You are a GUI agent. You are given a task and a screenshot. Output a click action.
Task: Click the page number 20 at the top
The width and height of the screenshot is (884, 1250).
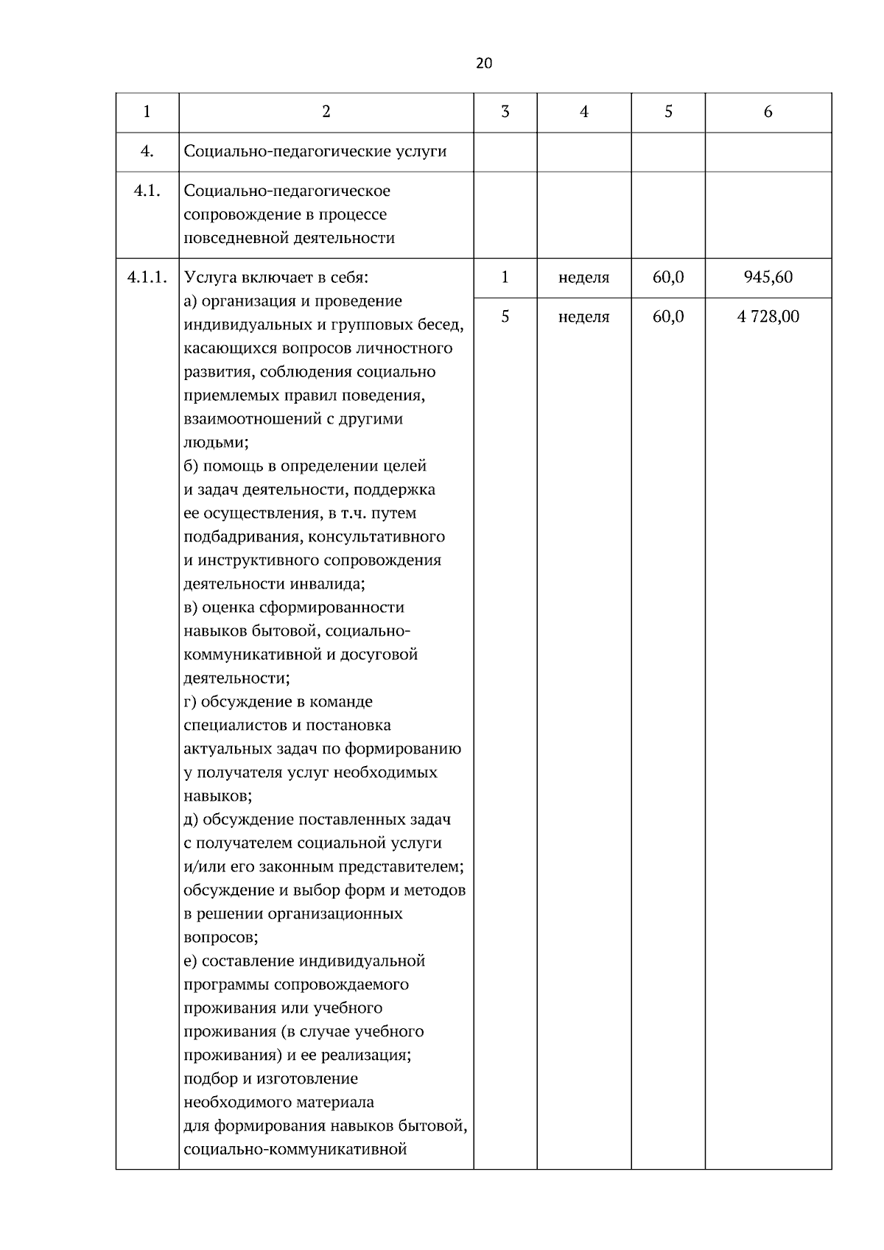[x=484, y=63]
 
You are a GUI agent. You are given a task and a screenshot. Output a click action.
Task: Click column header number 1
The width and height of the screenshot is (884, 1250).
[x=147, y=112]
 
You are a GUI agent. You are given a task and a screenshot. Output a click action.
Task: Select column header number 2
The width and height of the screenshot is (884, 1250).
[x=326, y=112]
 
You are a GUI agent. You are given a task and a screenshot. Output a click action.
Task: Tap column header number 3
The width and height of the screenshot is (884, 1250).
[x=505, y=112]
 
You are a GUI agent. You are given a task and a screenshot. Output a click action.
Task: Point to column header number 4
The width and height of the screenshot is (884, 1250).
[x=583, y=112]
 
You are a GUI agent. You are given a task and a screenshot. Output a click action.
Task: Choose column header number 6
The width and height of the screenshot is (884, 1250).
[x=768, y=112]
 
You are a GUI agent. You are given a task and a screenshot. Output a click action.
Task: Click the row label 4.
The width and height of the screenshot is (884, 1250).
[x=147, y=152]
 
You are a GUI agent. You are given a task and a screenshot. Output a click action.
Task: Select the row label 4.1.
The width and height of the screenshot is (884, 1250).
[x=147, y=192]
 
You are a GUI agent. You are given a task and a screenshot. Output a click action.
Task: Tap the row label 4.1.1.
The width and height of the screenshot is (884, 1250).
[x=147, y=278]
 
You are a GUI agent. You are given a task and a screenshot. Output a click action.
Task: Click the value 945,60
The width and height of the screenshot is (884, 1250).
[x=768, y=278]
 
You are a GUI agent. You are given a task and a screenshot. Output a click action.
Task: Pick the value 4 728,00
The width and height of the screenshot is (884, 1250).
[x=768, y=317]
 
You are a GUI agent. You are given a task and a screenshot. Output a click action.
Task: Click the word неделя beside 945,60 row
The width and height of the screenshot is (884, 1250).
[x=583, y=278]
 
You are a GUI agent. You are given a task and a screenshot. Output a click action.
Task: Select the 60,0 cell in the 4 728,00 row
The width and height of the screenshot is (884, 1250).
[x=667, y=317]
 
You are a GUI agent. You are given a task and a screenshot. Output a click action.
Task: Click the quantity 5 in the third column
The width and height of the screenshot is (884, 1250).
[x=505, y=317]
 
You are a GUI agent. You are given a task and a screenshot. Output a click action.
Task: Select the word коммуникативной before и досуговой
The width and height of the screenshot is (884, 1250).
[x=250, y=655]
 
